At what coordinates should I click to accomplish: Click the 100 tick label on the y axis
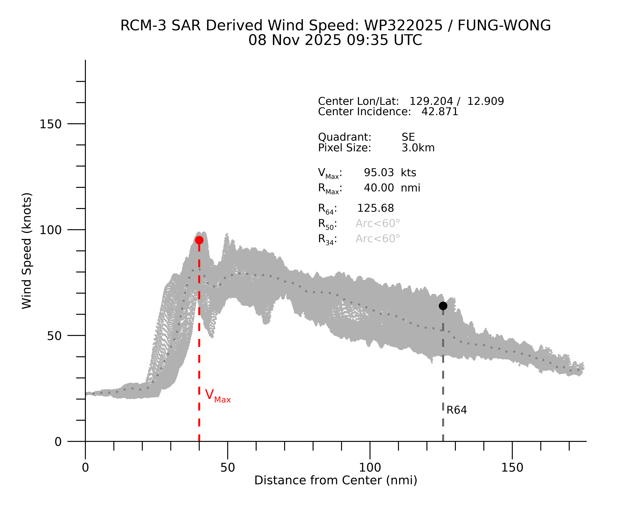tap(50, 230)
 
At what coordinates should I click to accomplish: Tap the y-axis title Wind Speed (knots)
tap(27, 251)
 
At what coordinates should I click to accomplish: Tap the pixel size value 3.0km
tap(418, 148)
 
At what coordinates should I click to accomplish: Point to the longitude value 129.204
tap(431, 101)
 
